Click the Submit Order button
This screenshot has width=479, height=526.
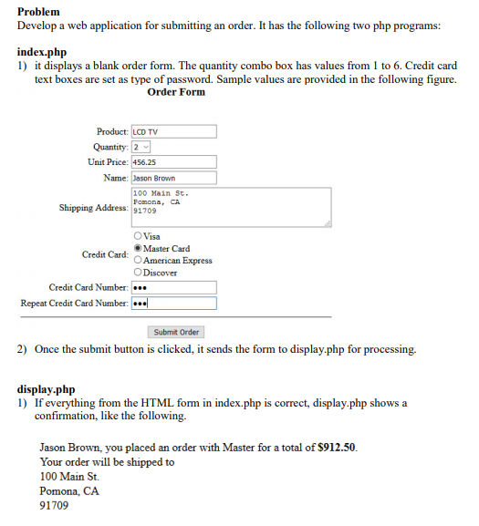tap(177, 332)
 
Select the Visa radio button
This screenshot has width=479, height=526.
tap(137, 236)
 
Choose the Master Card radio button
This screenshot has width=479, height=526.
tap(137, 248)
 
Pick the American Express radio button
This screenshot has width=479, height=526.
tap(137, 260)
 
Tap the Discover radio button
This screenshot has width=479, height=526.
tap(137, 272)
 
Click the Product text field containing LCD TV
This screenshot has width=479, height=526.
tap(173, 131)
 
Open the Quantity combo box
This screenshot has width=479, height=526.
tap(141, 147)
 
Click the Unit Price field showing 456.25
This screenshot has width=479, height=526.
tap(173, 161)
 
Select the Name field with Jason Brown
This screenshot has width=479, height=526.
tap(173, 178)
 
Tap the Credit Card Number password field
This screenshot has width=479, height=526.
tap(173, 288)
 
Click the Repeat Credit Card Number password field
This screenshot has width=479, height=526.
tap(173, 304)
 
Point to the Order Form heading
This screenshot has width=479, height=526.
tap(176, 92)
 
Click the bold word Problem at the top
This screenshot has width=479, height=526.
tap(39, 11)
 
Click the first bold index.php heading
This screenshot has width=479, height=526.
tap(42, 53)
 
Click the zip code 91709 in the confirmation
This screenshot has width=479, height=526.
tap(54, 505)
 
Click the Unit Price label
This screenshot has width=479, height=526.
tap(108, 161)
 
